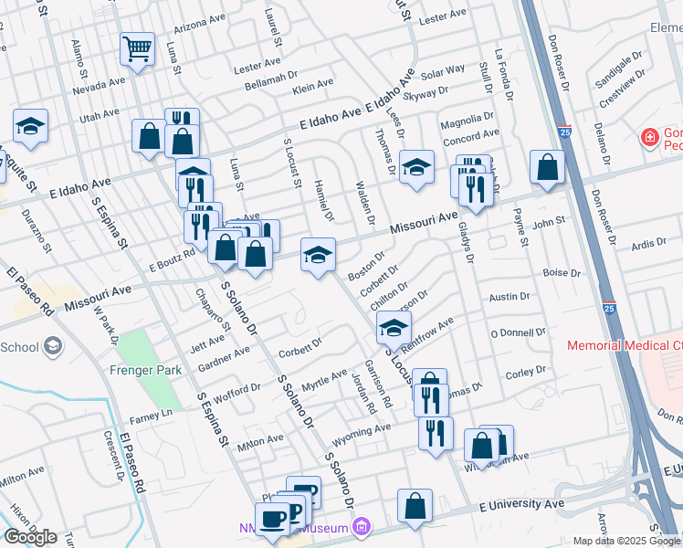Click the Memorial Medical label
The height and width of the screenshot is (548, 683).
coord(624,346)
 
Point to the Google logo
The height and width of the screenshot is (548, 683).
coord(30,537)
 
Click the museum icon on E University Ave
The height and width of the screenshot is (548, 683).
coord(362,527)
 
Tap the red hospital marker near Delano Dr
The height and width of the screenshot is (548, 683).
coord(649,139)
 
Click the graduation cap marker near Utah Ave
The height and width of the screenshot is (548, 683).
coord(30,126)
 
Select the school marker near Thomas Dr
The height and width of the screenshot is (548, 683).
coord(416,167)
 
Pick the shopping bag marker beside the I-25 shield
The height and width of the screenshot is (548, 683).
coord(546,167)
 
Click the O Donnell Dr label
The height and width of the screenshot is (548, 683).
coord(517,333)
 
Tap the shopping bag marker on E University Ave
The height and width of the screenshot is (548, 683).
coord(415,507)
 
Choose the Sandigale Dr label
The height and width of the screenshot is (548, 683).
coord(620,62)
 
